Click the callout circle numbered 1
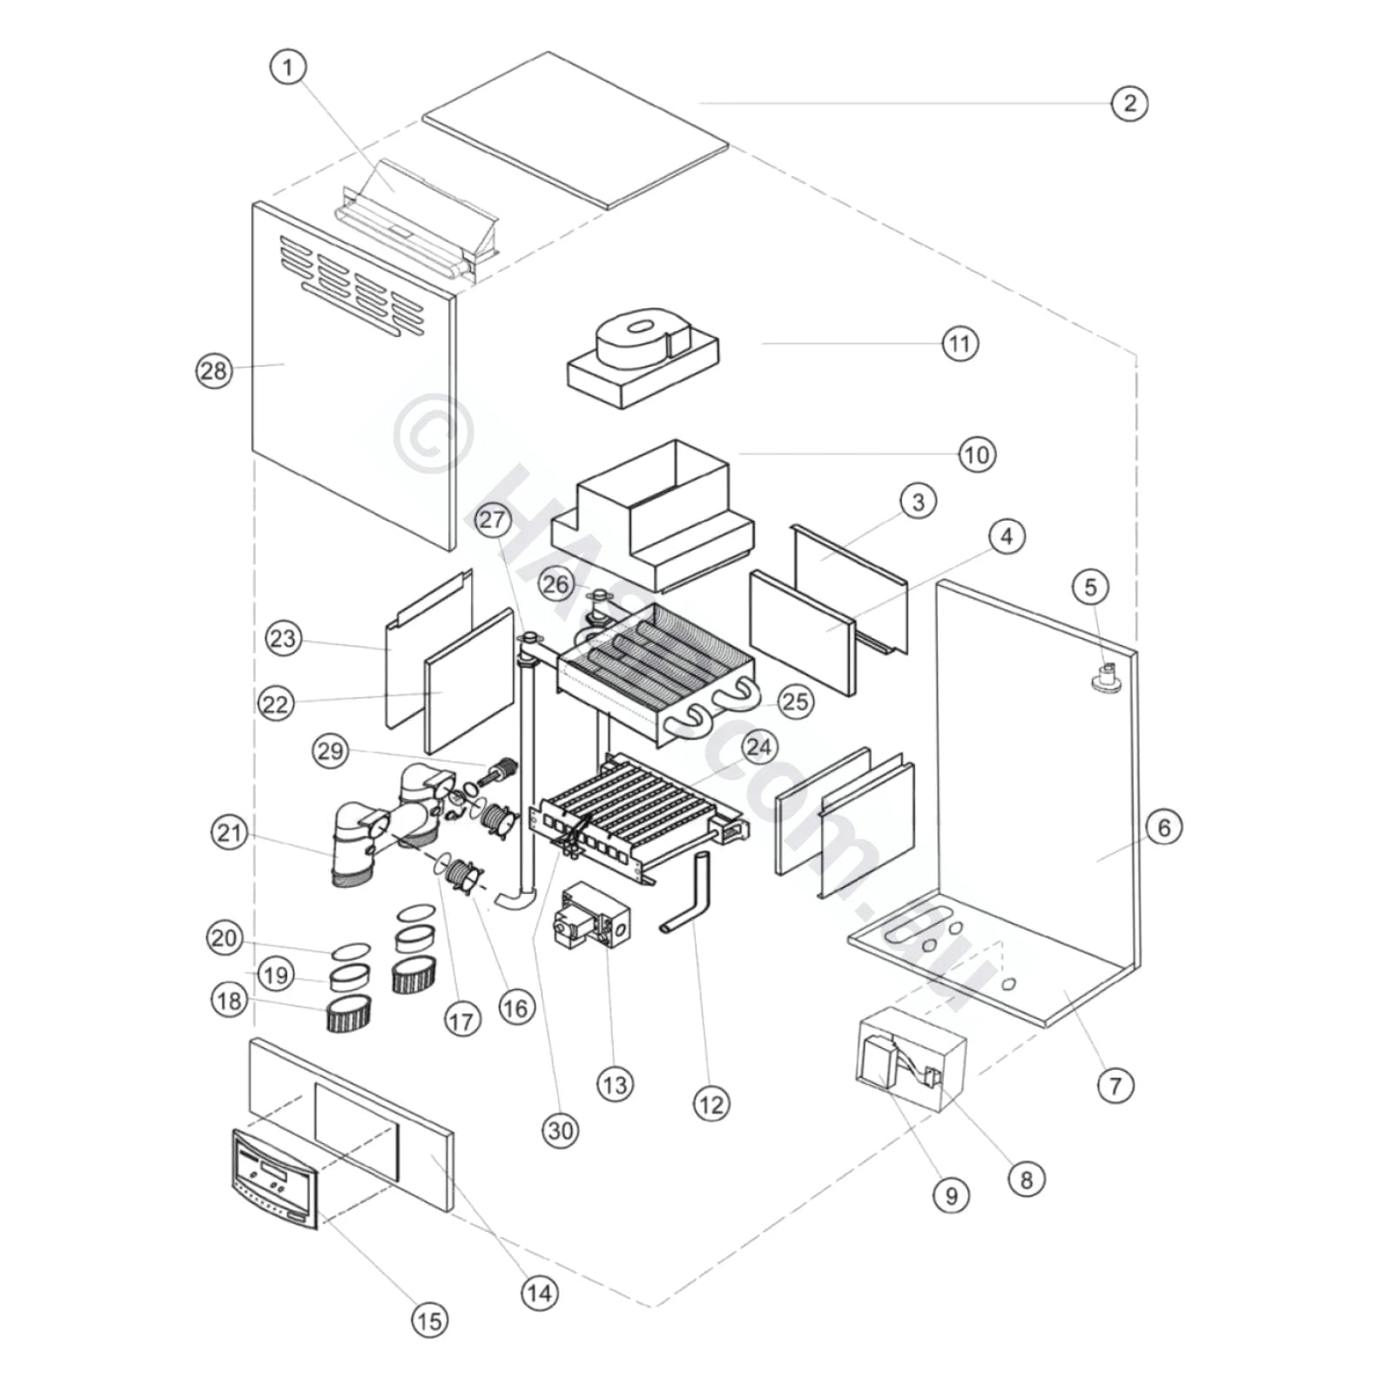click(288, 67)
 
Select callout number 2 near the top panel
click(1129, 104)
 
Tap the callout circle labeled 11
click(959, 344)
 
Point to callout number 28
click(213, 372)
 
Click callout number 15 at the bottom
click(428, 1321)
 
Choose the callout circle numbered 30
click(561, 1131)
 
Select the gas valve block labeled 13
click(589, 925)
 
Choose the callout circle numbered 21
click(229, 833)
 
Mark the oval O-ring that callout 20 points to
click(352, 951)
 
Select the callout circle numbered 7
click(1115, 1086)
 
